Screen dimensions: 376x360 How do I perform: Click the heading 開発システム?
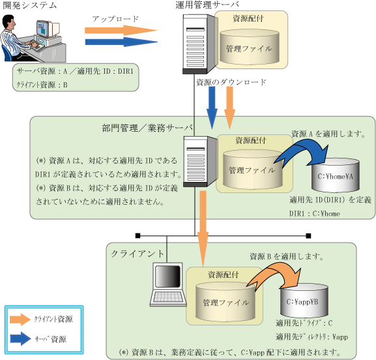coord(30,5)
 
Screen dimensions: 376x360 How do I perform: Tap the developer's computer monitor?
coord(48,29)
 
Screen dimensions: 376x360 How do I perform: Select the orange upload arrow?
coord(121,31)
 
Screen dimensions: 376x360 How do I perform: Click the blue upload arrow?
coord(121,42)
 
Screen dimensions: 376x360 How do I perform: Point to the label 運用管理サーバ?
coord(207,5)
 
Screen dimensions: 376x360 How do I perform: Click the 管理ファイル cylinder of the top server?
coord(250,47)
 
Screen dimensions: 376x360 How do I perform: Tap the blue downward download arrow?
coord(212,108)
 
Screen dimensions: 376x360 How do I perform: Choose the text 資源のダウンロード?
coord(231,82)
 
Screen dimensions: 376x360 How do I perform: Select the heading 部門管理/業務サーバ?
coord(147,128)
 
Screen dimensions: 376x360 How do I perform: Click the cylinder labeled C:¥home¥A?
coord(335,175)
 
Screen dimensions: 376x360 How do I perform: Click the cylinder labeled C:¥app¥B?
coord(304,300)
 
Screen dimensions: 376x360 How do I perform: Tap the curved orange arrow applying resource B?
coord(274,274)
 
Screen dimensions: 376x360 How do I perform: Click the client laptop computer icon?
coord(168,284)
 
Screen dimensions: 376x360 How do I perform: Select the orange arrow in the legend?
coord(20,320)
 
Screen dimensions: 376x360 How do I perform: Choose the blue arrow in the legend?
coord(21,338)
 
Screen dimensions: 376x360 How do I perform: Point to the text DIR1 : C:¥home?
coord(314,213)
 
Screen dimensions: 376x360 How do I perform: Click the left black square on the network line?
coord(137,235)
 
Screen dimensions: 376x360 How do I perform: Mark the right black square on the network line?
coord(308,235)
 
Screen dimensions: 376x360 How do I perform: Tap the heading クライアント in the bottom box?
coord(137,254)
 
